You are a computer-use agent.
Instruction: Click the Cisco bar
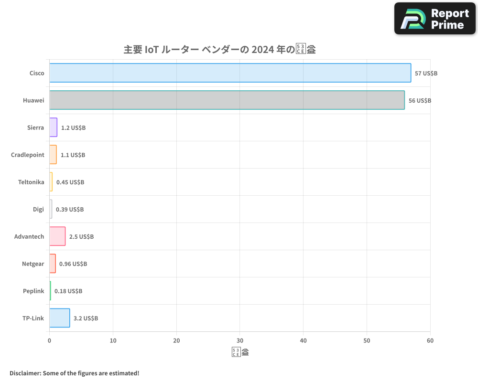pos(230,73)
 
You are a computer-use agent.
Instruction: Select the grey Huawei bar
pos(227,100)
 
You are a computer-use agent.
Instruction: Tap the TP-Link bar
pos(59,318)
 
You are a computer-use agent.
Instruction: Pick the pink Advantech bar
pos(57,236)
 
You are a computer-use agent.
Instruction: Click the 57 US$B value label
pos(426,74)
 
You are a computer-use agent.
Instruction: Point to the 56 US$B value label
pos(420,101)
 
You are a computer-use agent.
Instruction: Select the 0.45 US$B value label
pos(70,182)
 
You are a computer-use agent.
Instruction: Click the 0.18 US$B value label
pos(68,291)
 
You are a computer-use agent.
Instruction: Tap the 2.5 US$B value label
pos(81,237)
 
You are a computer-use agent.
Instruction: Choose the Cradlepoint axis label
pos(28,155)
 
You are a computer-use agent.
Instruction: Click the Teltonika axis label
pos(31,182)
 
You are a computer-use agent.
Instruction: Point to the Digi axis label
pos(38,209)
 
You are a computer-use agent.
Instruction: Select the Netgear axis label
pos(33,264)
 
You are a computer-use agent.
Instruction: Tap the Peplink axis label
pos(33,291)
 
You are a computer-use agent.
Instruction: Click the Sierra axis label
pos(36,127)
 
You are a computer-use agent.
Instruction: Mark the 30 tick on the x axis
pos(240,340)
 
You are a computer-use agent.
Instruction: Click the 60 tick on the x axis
pos(430,340)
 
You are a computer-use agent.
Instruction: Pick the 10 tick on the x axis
pos(113,340)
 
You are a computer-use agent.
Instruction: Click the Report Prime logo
pos(435,19)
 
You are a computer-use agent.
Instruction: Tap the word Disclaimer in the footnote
pos(24,373)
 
